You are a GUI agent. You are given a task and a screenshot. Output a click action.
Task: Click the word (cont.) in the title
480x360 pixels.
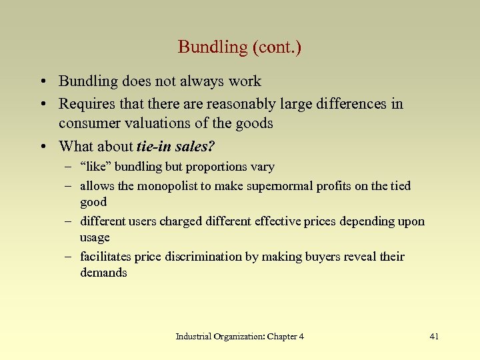(x=275, y=47)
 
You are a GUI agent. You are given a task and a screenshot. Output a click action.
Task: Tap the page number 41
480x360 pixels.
(x=434, y=337)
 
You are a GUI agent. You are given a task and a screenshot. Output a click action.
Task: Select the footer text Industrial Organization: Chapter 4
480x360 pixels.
(x=239, y=337)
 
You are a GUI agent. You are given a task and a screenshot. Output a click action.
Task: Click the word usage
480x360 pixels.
(x=95, y=237)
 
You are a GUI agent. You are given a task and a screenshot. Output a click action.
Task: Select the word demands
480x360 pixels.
(x=103, y=273)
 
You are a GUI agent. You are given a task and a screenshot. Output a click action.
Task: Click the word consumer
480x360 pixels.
(x=86, y=123)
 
